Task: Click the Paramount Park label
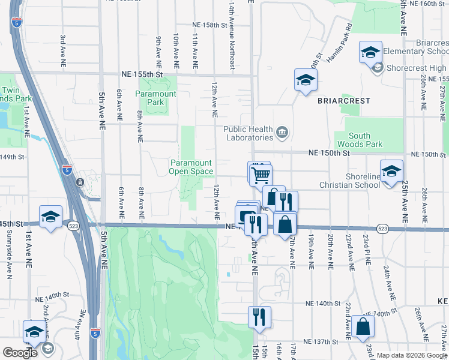click(155, 98)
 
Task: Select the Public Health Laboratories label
click(249, 133)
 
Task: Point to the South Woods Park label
click(364, 140)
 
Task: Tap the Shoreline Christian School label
click(371, 181)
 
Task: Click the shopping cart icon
click(261, 174)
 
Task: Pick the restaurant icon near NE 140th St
click(259, 316)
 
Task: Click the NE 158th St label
click(210, 25)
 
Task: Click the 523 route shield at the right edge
click(382, 229)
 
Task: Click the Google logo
click(20, 353)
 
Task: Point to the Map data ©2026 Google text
click(412, 355)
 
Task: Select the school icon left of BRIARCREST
click(305, 80)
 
